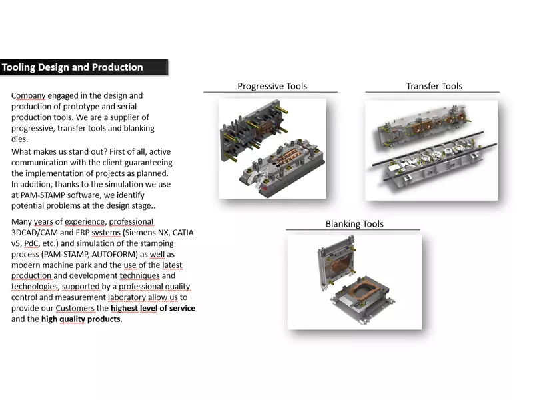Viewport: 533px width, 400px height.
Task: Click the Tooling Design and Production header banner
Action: (83, 67)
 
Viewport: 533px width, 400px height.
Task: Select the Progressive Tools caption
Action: (272, 86)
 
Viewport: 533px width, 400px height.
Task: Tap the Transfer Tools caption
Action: (434, 86)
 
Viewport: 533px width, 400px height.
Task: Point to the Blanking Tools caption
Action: (354, 224)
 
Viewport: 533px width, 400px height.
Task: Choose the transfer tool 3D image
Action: (431, 149)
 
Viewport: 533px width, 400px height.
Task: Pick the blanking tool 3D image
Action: (354, 281)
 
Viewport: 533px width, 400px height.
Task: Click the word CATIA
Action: (181, 233)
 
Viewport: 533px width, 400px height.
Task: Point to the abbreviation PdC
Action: (31, 244)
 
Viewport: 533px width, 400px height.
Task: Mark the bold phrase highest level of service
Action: (153, 308)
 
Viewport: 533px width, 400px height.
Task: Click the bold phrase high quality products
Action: (81, 319)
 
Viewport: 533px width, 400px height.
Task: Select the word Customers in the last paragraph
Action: (75, 308)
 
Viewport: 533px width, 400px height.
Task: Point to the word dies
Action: (19, 139)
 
